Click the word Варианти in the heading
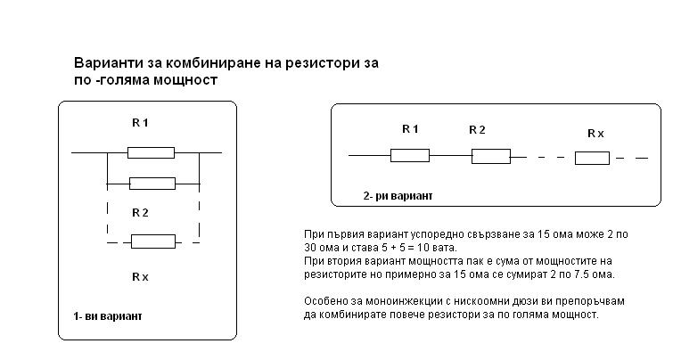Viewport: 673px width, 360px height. pos(105,65)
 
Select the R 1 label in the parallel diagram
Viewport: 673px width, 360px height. pos(140,123)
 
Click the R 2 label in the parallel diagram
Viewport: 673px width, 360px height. pos(140,212)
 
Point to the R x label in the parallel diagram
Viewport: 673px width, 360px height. pos(140,276)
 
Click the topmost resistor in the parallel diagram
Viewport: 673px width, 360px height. pos(151,152)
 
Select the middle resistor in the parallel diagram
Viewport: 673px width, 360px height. pos(152,184)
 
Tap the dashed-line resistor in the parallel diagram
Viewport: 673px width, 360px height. pos(153,241)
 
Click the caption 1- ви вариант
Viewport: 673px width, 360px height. pos(108,316)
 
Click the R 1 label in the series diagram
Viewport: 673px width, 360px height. pos(410,129)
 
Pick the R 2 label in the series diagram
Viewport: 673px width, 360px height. pos(477,129)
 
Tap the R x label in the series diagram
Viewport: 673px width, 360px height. pos(595,133)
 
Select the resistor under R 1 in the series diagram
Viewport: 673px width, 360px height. pos(410,156)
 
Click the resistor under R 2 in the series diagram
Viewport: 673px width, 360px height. pos(490,157)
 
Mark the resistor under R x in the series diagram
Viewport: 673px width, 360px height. pos(592,159)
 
